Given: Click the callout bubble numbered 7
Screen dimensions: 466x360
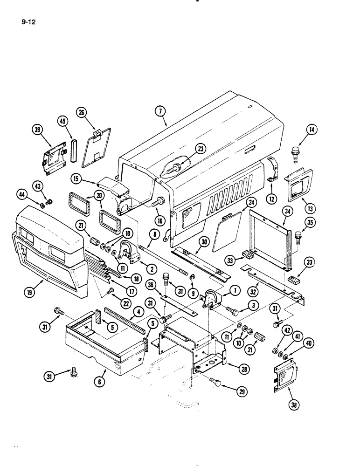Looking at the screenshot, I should pyautogui.click(x=160, y=111).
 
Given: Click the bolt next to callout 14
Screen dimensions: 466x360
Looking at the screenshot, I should pyautogui.click(x=295, y=153).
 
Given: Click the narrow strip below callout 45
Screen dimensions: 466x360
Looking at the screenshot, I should pyautogui.click(x=73, y=149).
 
